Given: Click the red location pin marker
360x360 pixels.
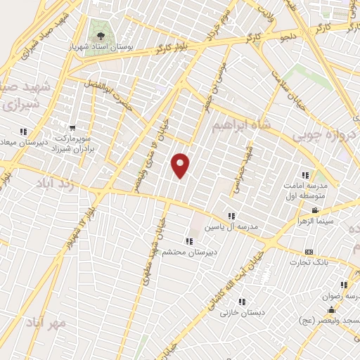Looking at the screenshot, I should coord(181,165).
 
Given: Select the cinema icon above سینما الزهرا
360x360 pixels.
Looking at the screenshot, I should coord(316,210).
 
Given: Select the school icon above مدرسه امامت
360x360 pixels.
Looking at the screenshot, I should coord(304,175).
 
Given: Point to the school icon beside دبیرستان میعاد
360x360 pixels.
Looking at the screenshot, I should coord(23,131).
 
